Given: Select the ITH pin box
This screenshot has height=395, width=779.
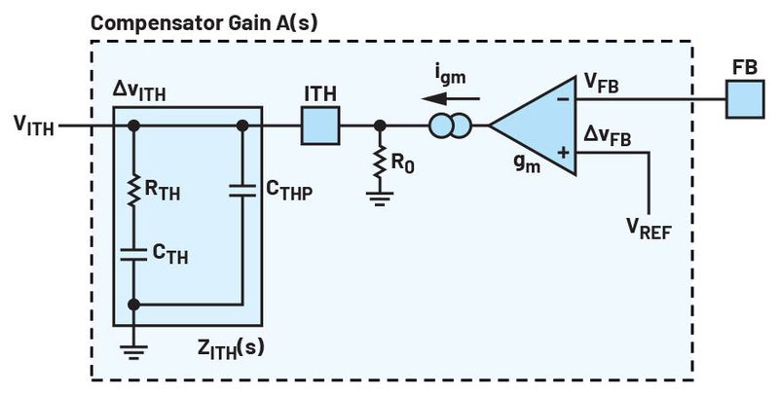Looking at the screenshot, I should coord(320,126).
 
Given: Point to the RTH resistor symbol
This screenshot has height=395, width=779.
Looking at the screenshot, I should coord(134,193).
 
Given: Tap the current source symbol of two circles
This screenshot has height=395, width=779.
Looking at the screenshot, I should coord(450,126).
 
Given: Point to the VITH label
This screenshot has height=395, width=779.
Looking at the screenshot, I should coord(35,124).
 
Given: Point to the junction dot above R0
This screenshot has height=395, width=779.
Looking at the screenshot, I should coord(380,126).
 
